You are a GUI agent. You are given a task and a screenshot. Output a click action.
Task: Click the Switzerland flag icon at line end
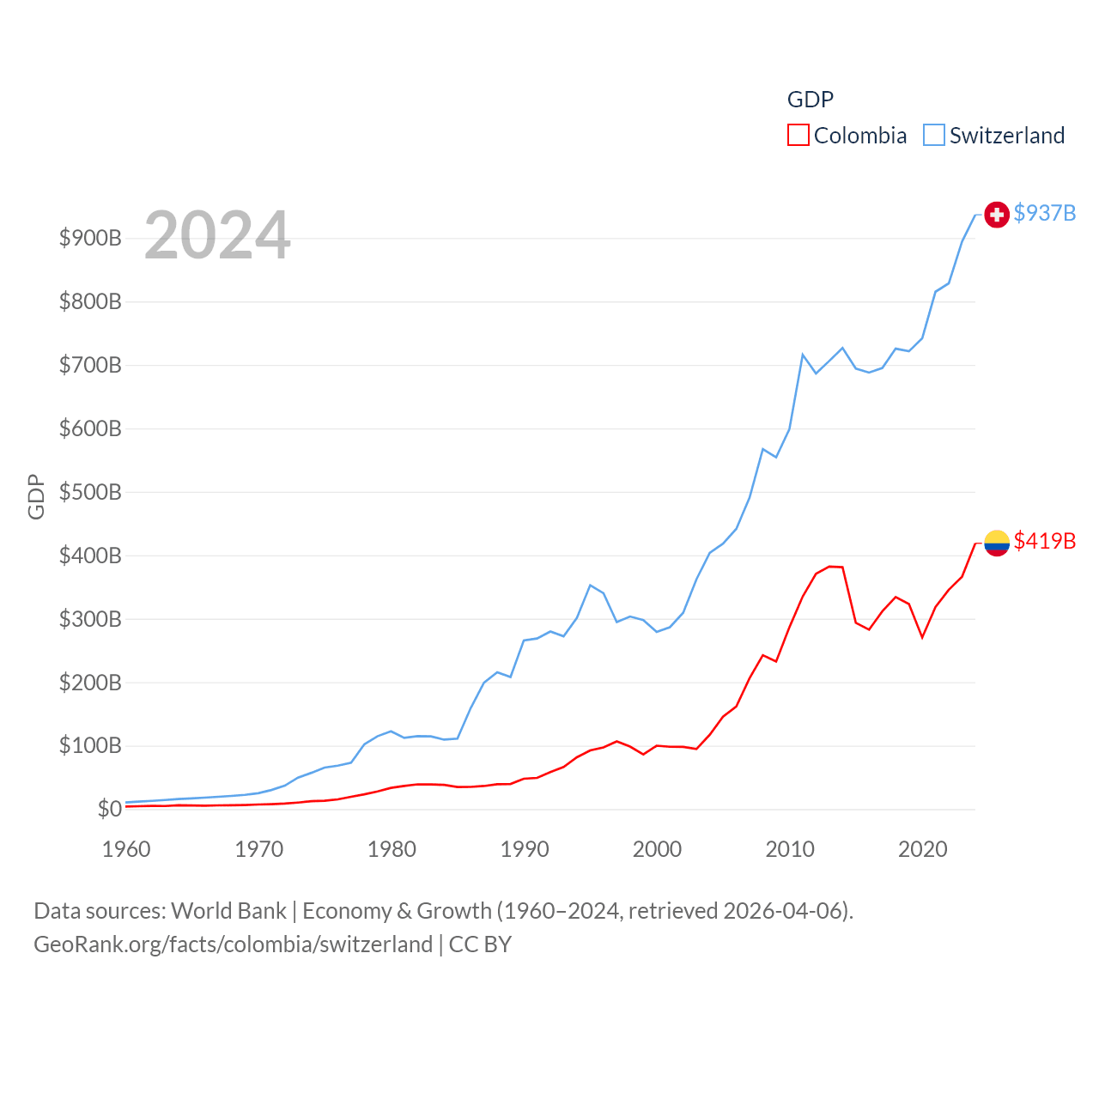click(996, 215)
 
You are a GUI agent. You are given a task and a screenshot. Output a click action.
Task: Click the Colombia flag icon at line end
click(996, 543)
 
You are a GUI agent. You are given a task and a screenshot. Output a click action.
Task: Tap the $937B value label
click(1044, 213)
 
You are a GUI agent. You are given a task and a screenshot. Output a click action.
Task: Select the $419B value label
click(1044, 541)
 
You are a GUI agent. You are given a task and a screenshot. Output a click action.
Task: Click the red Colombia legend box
click(798, 136)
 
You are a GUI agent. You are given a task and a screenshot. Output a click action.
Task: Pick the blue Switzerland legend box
click(933, 136)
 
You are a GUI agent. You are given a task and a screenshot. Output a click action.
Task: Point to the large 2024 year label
click(217, 235)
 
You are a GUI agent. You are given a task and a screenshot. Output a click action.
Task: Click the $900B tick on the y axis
click(90, 238)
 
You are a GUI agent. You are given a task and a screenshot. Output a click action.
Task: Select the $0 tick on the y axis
click(109, 809)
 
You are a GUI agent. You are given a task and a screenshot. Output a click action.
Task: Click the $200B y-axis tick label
click(90, 683)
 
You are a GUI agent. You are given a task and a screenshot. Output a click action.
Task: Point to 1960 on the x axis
click(126, 849)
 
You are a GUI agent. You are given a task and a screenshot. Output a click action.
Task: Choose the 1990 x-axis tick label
click(525, 849)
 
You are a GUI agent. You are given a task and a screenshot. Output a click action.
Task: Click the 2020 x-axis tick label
click(922, 849)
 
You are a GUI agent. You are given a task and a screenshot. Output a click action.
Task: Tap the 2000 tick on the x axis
click(657, 849)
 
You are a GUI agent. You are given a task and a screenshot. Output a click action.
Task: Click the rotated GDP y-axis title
click(36, 496)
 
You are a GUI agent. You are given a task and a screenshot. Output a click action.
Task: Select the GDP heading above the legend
click(810, 100)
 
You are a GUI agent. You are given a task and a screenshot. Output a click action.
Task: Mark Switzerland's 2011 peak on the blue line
click(803, 355)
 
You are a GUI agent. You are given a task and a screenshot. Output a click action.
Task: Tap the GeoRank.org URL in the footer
click(233, 944)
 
